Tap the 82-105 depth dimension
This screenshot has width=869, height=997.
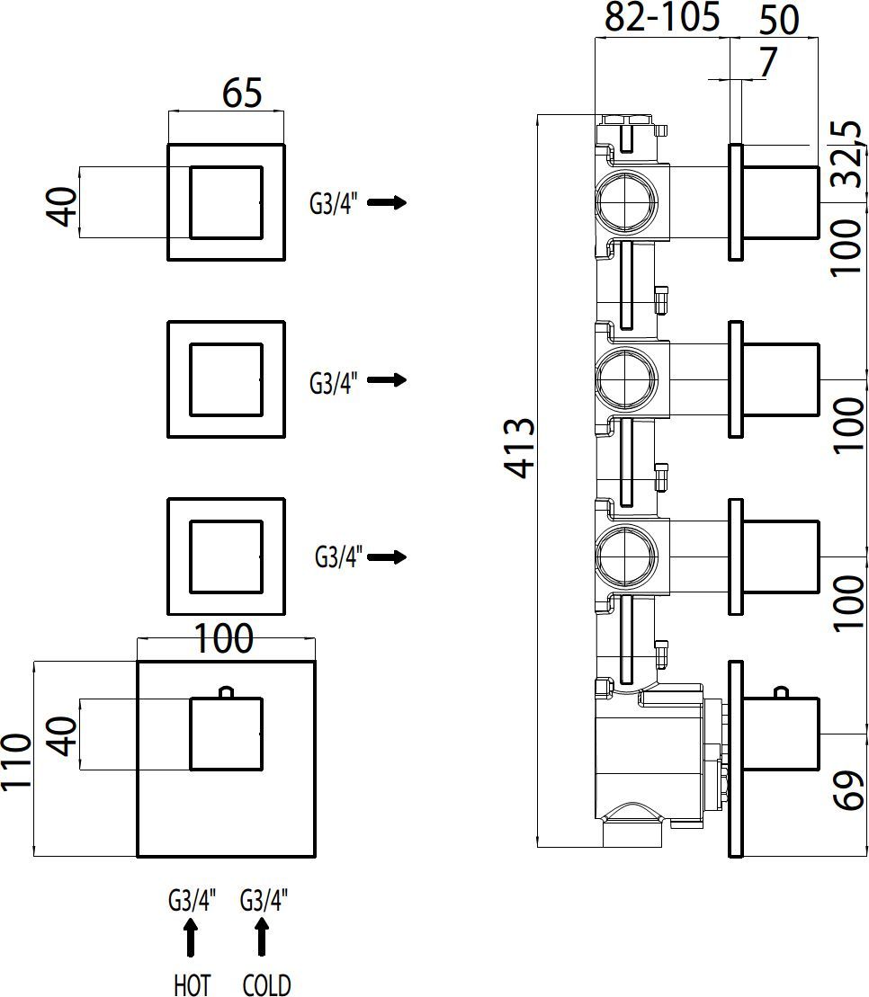point(661,17)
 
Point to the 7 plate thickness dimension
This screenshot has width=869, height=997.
point(767,64)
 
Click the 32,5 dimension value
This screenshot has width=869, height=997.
point(847,153)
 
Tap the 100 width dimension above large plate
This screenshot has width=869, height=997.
point(224,639)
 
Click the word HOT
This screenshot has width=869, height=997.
point(192,985)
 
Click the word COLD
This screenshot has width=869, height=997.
point(266,985)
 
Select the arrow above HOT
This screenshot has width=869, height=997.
point(191,938)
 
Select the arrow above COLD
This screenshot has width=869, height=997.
point(262,938)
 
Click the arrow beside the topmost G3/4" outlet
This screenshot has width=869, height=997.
point(387,202)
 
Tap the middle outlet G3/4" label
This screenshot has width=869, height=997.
point(334,384)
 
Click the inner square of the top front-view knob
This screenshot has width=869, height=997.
point(226,202)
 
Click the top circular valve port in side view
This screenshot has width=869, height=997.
point(621,203)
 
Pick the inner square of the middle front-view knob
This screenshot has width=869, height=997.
point(226,379)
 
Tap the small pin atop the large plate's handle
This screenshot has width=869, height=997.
point(226,692)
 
